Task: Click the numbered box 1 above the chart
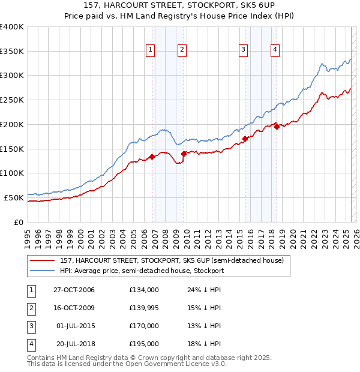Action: pyautogui.click(x=150, y=50)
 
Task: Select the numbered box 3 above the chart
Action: pyautogui.click(x=244, y=50)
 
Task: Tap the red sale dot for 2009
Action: pyautogui.click(x=184, y=154)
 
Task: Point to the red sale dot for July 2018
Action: pyautogui.click(x=277, y=127)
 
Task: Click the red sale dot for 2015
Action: pyautogui.click(x=245, y=139)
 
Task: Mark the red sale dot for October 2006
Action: pyautogui.click(x=152, y=157)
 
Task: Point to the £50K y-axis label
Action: pyautogui.click(x=14, y=197)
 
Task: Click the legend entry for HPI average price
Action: pyautogui.click(x=142, y=271)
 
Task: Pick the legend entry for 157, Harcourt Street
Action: pyautogui.click(x=175, y=260)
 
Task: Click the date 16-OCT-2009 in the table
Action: pyautogui.click(x=74, y=308)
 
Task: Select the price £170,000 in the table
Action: pyautogui.click(x=144, y=326)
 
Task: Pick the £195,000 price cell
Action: pyautogui.click(x=144, y=344)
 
